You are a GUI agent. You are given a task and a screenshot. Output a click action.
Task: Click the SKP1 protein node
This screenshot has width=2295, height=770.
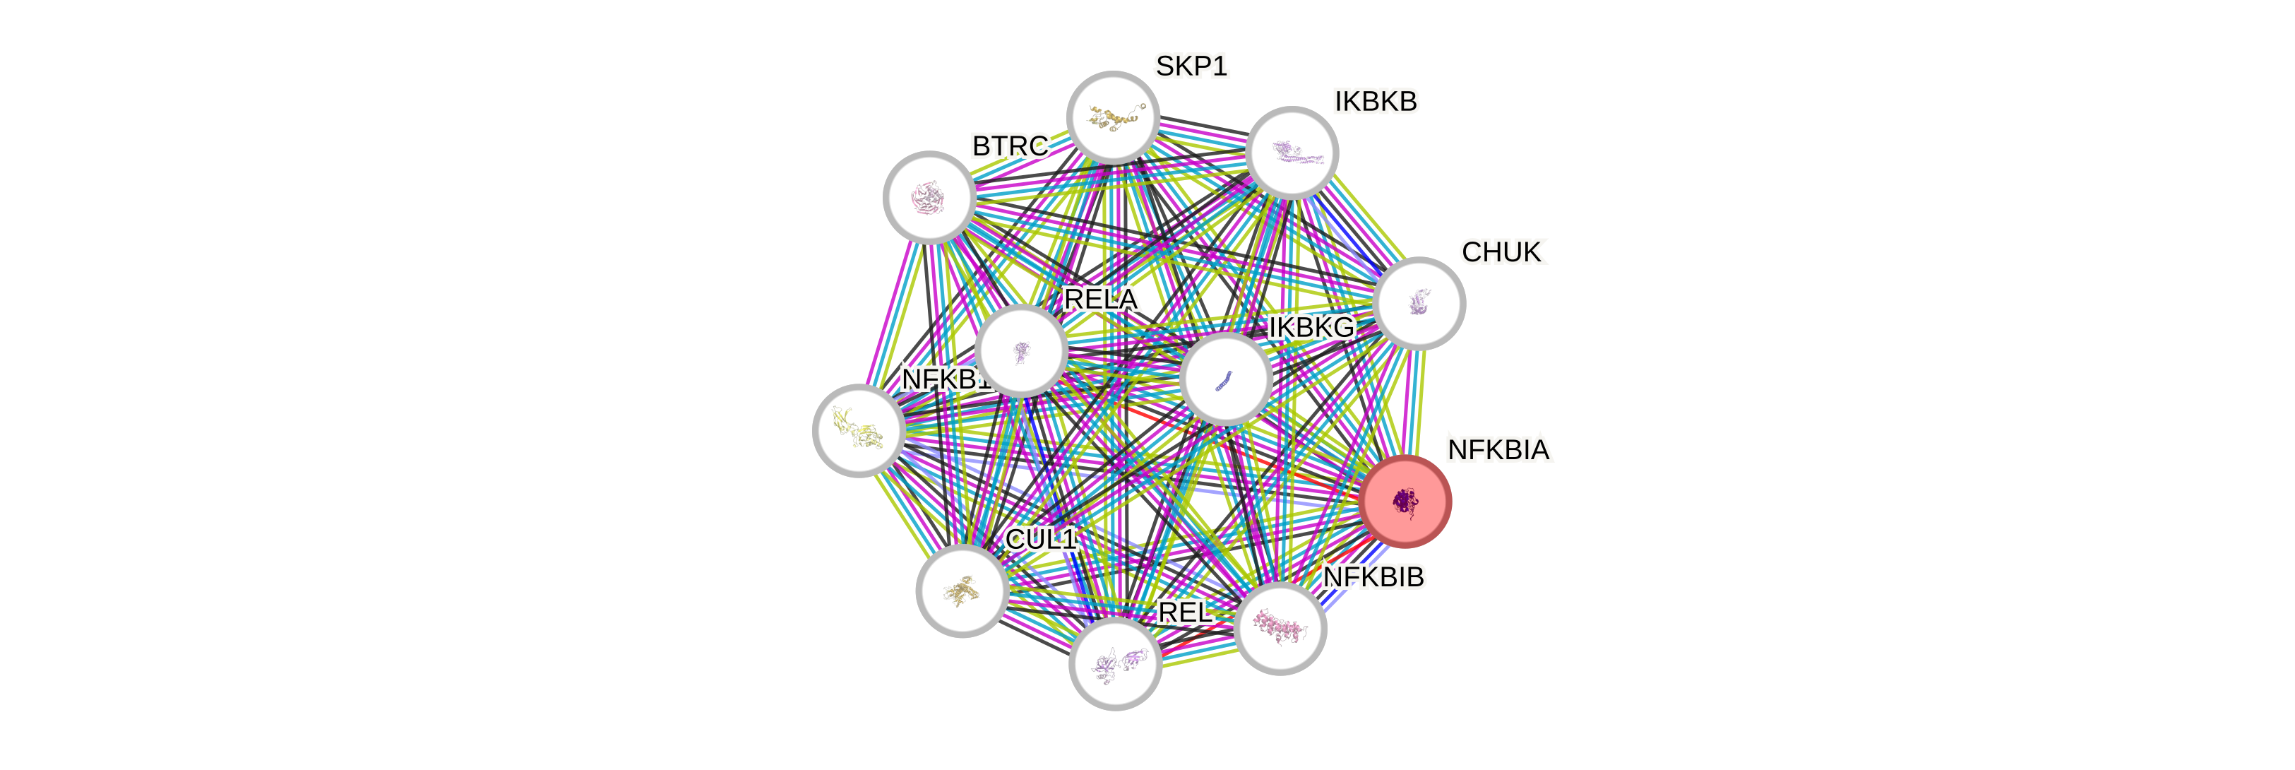click(1113, 117)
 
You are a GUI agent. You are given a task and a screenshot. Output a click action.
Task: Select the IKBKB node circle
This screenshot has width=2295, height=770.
click(1292, 153)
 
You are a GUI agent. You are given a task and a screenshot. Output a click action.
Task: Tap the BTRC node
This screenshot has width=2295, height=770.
click(929, 197)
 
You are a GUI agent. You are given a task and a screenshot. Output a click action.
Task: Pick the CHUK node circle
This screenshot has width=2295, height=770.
click(1419, 303)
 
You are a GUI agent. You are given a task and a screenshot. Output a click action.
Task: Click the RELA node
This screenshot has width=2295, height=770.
click(1021, 350)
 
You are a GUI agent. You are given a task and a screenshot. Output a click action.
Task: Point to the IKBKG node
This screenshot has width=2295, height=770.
click(1226, 379)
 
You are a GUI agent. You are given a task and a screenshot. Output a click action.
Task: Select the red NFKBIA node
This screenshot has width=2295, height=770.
click(1405, 501)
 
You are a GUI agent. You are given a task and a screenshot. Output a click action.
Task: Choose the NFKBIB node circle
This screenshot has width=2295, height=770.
click(1280, 628)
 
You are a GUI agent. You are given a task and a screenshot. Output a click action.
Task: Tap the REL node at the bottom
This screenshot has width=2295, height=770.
click(1114, 664)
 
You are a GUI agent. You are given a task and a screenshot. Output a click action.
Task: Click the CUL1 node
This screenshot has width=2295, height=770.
click(962, 590)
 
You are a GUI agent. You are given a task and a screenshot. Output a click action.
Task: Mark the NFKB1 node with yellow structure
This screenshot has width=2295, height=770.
click(858, 430)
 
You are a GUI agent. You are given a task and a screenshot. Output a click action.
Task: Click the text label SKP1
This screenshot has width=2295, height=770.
click(1191, 66)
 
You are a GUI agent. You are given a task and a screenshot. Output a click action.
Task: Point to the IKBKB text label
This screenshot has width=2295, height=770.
click(1376, 102)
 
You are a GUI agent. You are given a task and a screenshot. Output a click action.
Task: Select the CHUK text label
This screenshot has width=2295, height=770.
click(1503, 252)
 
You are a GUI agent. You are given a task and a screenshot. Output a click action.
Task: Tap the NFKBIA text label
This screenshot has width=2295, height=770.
click(1498, 450)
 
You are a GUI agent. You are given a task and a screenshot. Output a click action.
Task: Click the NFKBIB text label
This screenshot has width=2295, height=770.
click(1373, 578)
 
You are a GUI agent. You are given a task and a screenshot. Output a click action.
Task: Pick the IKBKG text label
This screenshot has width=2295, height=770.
click(1311, 327)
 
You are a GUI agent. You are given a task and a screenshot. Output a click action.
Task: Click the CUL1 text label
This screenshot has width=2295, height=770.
click(1041, 539)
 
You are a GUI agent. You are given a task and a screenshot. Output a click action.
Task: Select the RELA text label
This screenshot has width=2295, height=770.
click(1101, 300)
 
